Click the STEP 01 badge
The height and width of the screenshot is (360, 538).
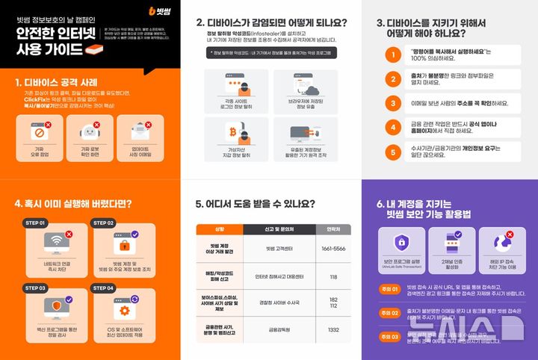click(35, 223)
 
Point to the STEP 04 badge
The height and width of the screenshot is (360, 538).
click(104, 288)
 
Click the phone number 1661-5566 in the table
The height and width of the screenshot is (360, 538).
click(333, 247)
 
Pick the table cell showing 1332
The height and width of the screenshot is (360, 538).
click(333, 329)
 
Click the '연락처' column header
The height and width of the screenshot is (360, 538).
click(333, 229)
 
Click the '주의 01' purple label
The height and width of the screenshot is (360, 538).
click(389, 288)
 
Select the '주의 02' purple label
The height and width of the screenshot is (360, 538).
click(389, 313)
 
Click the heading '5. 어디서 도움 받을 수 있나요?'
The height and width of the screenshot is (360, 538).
click(254, 203)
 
